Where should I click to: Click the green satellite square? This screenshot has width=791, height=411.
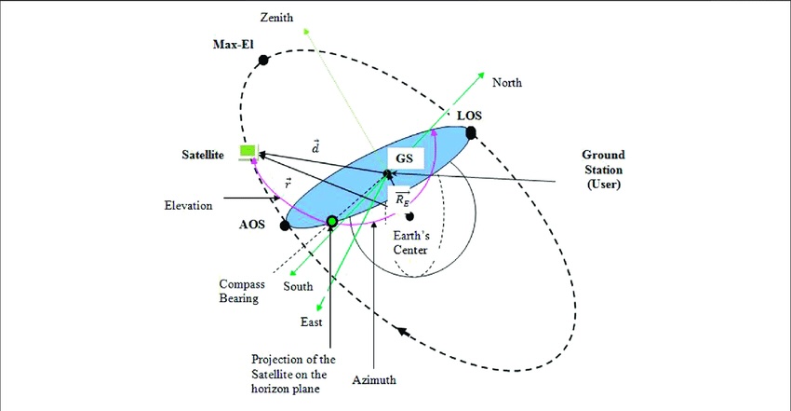(248, 150)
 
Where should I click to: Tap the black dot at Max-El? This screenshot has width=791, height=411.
(262, 61)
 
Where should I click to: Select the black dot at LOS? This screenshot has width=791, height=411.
(471, 132)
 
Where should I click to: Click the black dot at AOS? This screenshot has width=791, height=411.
(285, 226)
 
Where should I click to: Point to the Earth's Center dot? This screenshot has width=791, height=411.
(409, 216)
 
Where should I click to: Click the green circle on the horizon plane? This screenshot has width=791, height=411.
(331, 221)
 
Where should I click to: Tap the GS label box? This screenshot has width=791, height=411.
(405, 158)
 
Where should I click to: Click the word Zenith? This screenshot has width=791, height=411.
(276, 17)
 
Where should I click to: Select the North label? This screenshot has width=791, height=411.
(507, 82)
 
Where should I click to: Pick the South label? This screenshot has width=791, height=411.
(298, 286)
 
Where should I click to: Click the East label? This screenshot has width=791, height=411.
(311, 322)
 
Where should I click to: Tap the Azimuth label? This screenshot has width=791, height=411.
(374, 379)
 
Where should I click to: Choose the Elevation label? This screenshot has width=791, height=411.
(188, 205)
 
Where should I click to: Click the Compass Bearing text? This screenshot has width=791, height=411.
(242, 292)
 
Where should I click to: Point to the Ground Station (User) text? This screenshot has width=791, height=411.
(603, 169)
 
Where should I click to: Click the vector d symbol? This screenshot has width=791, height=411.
(315, 147)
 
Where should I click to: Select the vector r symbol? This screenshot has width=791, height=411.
(288, 184)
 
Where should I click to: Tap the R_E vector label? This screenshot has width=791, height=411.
(402, 199)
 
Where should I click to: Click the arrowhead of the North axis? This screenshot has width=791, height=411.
(481, 75)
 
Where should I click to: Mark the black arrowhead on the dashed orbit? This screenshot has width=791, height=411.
(402, 332)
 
